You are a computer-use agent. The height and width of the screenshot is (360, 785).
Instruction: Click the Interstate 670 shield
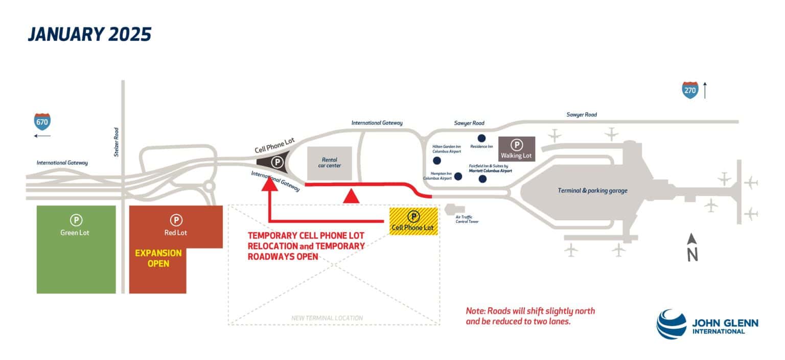coord(42,122)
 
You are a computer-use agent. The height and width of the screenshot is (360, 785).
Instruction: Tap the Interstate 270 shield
coord(690,91)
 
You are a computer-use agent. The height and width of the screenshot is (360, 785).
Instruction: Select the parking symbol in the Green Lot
coord(76,220)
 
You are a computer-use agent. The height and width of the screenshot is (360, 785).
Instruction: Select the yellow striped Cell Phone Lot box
coord(413,221)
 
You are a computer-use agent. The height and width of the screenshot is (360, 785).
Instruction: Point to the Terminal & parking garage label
coord(592,191)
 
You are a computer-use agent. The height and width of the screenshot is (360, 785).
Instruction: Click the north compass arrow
coord(692,247)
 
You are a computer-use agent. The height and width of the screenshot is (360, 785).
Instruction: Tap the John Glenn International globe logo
coord(672,324)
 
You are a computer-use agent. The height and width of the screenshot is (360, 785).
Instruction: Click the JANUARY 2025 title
coord(90,34)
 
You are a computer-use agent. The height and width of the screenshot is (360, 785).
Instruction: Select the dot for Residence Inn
coord(481,138)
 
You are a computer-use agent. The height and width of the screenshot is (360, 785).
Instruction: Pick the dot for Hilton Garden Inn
coord(437,161)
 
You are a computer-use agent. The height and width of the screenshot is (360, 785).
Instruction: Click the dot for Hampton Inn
coord(458,176)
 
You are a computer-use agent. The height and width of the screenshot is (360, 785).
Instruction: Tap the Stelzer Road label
coord(117,142)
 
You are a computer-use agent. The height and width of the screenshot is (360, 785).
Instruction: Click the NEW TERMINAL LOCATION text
coord(327,318)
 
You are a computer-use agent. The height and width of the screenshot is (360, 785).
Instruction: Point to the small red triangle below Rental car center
coord(350,196)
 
